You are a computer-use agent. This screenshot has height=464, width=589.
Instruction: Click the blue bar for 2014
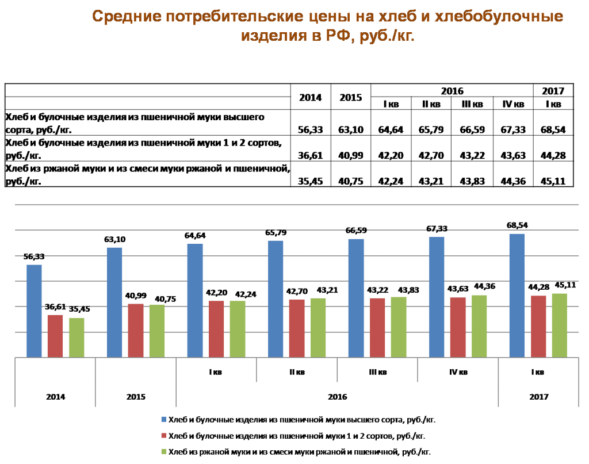(x=34, y=310)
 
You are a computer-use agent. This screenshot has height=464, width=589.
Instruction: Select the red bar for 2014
(x=55, y=336)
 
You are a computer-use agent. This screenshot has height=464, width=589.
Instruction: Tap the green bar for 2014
(x=77, y=338)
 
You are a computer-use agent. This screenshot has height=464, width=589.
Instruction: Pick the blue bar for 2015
(x=114, y=302)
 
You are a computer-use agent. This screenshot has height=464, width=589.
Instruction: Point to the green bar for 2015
(x=157, y=331)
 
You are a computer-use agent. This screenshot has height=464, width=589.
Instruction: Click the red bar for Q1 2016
(x=216, y=329)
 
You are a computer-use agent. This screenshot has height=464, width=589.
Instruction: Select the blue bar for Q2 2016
(x=276, y=298)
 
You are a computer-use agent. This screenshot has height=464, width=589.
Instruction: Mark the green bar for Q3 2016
(x=399, y=327)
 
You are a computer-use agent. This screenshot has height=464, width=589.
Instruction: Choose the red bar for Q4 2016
(x=458, y=327)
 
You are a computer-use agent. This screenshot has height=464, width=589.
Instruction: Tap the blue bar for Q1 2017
(x=517, y=295)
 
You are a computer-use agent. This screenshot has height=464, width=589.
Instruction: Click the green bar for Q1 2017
(x=559, y=325)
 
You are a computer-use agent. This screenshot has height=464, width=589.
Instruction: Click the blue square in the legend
(x=164, y=419)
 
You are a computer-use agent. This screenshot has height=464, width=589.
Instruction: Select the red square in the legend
(x=164, y=436)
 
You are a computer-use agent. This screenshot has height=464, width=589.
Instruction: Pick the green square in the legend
(x=164, y=452)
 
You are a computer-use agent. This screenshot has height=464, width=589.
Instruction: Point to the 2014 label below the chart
(x=55, y=397)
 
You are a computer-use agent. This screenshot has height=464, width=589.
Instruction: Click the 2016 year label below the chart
(x=336, y=397)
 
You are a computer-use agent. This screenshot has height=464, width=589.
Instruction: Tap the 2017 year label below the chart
(x=538, y=397)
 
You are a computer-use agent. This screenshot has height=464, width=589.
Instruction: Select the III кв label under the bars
(x=377, y=373)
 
